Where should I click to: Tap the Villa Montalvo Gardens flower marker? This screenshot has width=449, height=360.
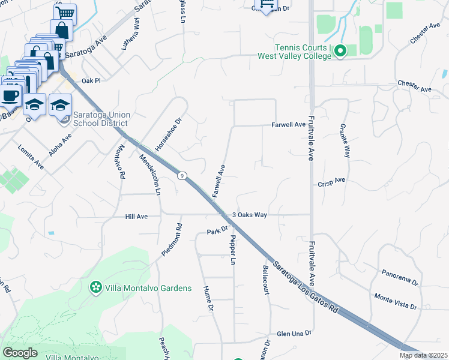[x=95, y=288]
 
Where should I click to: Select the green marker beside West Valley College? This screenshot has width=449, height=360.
[x=340, y=51]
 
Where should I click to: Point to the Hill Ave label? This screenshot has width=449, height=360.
[x=136, y=216]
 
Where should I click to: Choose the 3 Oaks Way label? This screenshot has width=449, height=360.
[x=250, y=214]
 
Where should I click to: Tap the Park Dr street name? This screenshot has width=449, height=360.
[x=217, y=230]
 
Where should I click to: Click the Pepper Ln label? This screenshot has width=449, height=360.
[x=232, y=250]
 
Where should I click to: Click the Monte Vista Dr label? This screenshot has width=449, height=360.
[x=395, y=301]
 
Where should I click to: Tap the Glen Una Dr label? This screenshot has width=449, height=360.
[x=294, y=334]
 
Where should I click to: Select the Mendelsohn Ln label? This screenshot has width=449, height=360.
[x=151, y=174]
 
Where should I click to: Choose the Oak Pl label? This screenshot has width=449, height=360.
[x=91, y=80]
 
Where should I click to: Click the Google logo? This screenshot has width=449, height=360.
[x=20, y=352]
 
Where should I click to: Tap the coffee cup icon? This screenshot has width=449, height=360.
[x=10, y=95]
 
